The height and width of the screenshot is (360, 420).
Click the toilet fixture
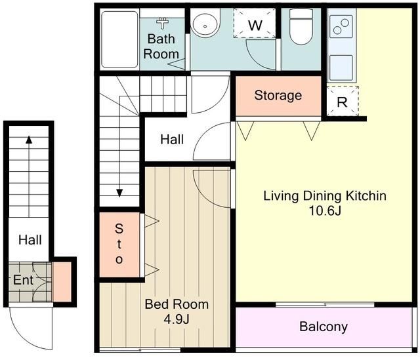pos(301,27)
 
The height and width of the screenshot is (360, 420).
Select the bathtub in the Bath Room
pos(119,39)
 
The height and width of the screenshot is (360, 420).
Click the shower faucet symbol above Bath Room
pos(162,23)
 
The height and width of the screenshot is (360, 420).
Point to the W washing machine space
pos(255,23)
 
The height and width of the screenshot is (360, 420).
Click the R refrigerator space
pos(343,101)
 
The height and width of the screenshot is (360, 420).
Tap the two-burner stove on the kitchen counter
pos(341,26)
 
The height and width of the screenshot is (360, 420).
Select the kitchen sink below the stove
pos(341,68)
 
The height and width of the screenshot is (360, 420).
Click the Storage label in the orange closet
pos(278,96)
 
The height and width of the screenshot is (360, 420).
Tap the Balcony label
pos(324,327)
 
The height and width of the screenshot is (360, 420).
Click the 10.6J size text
pos(325,211)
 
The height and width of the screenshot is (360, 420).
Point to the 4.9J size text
pos(177,319)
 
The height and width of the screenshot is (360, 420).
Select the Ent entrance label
pos(24,280)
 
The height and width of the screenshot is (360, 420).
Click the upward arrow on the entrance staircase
pos(29,176)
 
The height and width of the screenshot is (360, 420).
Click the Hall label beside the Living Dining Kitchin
pos(172,140)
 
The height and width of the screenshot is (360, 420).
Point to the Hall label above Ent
pos(30,240)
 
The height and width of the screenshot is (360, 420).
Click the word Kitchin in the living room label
pos(366,195)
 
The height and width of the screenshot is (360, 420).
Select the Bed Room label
pos(177,304)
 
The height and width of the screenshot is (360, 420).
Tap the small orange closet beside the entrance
pos(62,282)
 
